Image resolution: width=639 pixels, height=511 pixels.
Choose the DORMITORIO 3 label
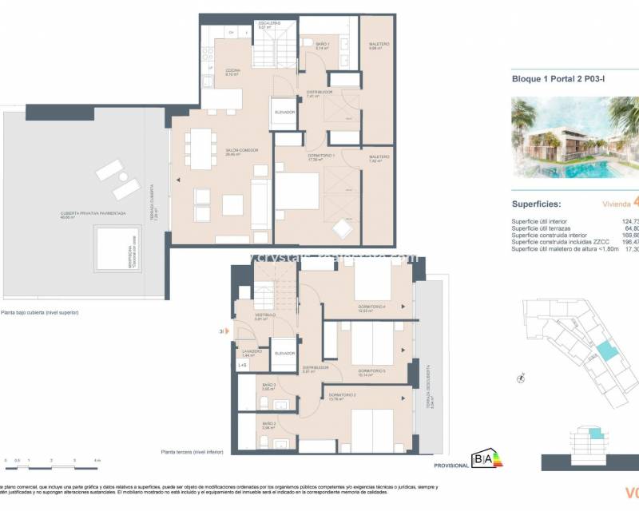pos(372,370)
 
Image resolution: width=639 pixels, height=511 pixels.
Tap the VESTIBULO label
pos(265,316)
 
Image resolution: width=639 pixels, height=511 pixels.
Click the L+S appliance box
pos(242,365)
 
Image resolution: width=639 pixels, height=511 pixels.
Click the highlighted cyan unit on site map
pos(609,350)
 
